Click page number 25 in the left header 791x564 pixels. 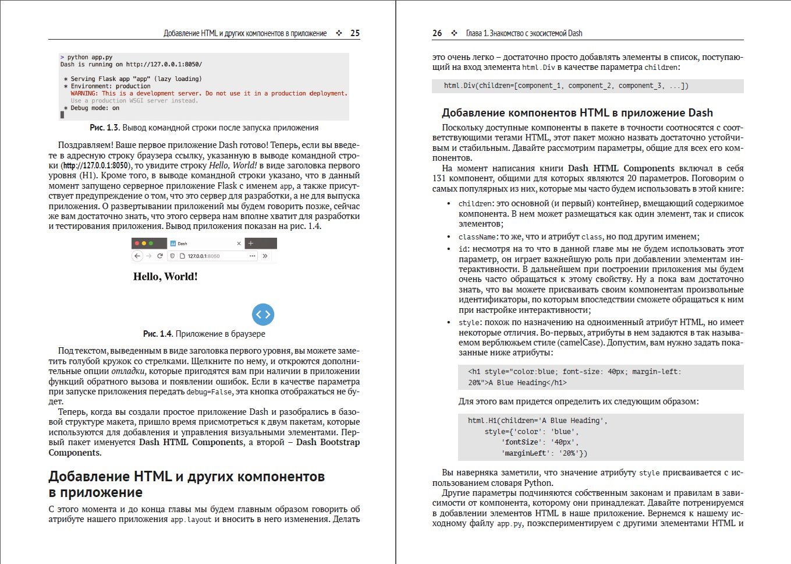coord(355,33)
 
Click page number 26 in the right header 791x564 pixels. coord(437,33)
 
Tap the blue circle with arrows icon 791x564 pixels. coord(263,314)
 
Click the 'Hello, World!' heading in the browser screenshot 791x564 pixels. coord(165,277)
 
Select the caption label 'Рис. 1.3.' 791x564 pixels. coord(105,128)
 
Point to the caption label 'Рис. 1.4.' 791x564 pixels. coord(158,334)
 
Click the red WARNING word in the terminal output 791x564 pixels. coord(84,93)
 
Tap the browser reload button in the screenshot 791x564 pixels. coord(160,256)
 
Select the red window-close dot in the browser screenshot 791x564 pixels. coord(137,243)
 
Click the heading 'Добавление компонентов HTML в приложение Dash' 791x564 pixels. coord(577,113)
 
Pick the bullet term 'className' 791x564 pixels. coord(477,237)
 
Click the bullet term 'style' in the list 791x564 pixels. coord(469,323)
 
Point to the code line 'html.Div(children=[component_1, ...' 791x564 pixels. coord(566,86)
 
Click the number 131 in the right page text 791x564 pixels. coord(439,178)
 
